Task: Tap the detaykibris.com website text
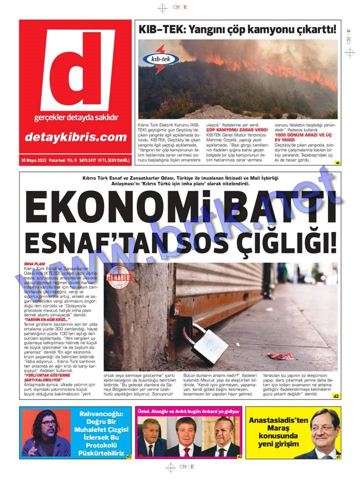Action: (75, 137)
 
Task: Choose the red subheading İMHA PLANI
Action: (34, 263)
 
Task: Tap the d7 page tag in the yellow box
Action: (338, 456)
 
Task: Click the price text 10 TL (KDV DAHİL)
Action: (113, 160)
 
